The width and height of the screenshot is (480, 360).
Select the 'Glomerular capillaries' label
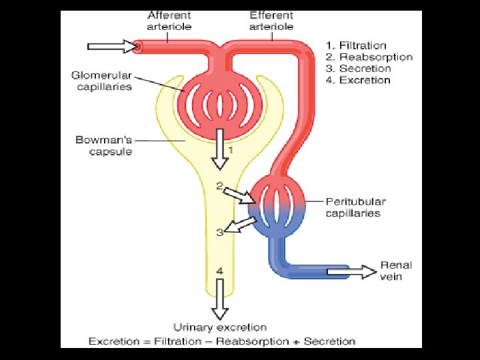click(102, 81)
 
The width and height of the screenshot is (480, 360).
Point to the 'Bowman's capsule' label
click(104, 146)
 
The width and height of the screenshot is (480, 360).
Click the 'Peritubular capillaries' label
click(355, 207)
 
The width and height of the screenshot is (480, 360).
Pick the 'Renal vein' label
click(396, 270)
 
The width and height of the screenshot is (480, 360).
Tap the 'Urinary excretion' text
click(220, 327)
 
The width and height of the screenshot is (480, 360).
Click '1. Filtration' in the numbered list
click(356, 45)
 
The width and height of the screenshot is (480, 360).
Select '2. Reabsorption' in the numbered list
click(369, 57)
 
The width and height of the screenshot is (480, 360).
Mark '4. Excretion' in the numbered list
click(358, 80)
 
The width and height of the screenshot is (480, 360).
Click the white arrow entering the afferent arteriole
click(111, 47)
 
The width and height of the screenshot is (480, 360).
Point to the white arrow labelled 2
click(238, 195)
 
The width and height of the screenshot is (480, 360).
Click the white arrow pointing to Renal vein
click(352, 271)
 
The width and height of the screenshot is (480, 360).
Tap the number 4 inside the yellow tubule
click(219, 271)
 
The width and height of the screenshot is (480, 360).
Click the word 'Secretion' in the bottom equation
click(329, 341)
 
